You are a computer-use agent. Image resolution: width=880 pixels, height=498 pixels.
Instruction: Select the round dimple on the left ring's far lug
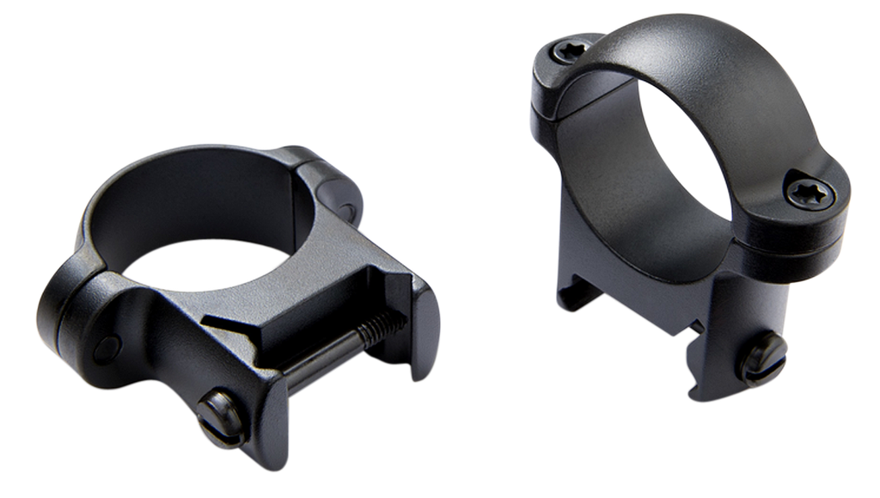point(348,209)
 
